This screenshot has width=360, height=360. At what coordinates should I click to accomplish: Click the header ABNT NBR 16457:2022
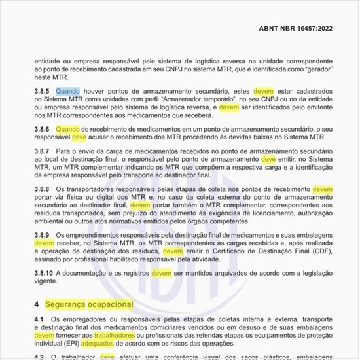[x=302, y=29]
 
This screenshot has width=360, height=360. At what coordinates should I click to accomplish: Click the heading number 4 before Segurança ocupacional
[x=37, y=304]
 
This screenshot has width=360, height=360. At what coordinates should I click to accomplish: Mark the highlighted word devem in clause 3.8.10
[x=162, y=272]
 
